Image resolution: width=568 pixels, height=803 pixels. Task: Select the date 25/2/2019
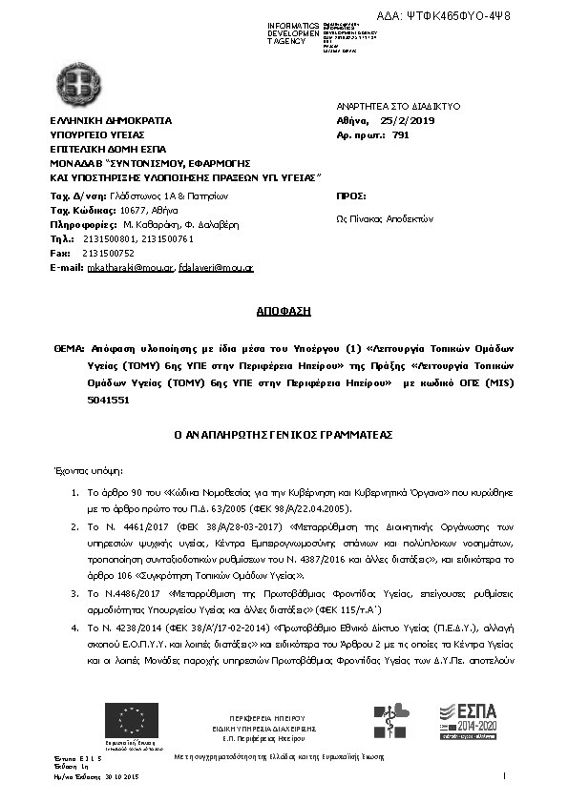point(408,121)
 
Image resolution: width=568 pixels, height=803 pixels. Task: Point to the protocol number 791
point(400,136)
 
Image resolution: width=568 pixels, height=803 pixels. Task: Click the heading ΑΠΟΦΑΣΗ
point(283,311)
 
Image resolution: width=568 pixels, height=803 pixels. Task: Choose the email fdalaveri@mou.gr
point(216,268)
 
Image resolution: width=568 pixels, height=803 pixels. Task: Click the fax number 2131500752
point(108,254)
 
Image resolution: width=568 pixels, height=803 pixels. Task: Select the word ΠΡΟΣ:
point(351,195)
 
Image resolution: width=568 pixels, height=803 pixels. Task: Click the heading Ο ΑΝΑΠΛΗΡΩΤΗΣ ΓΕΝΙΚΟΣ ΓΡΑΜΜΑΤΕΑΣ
point(283,435)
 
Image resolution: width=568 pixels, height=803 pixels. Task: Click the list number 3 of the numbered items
point(76,593)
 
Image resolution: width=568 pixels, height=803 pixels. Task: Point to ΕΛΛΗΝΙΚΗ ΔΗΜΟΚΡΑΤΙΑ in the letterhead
point(111,121)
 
